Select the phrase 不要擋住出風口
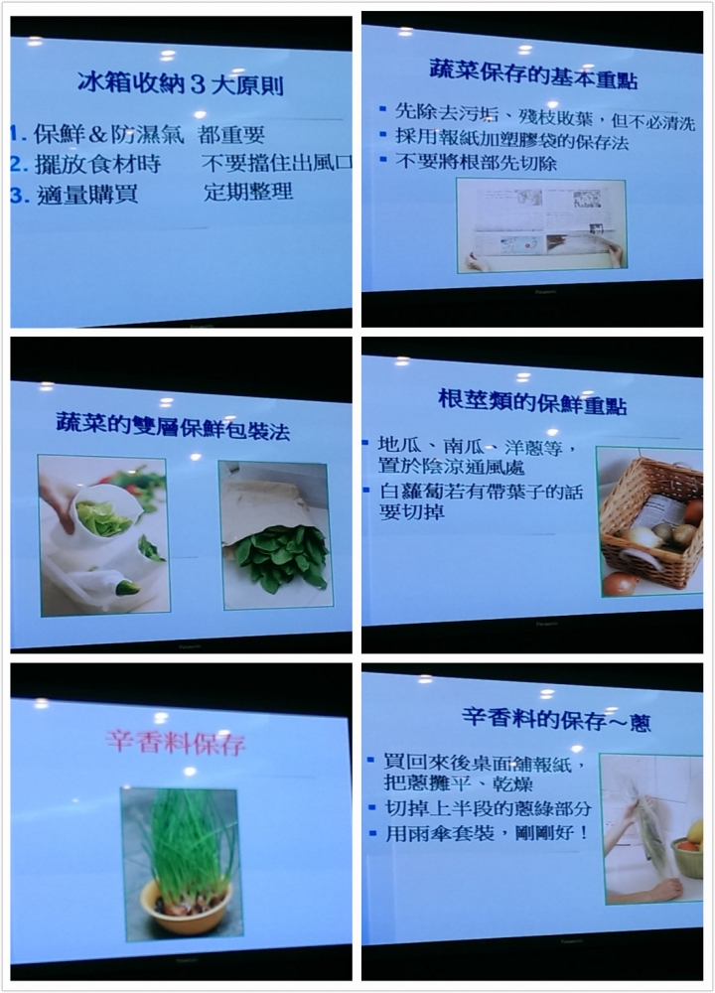[x=275, y=162]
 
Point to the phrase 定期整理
[x=248, y=192]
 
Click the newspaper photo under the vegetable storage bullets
[x=541, y=225]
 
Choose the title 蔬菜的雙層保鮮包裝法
[x=173, y=425]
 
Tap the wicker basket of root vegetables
[x=651, y=522]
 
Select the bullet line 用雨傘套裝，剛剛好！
[x=486, y=833]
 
